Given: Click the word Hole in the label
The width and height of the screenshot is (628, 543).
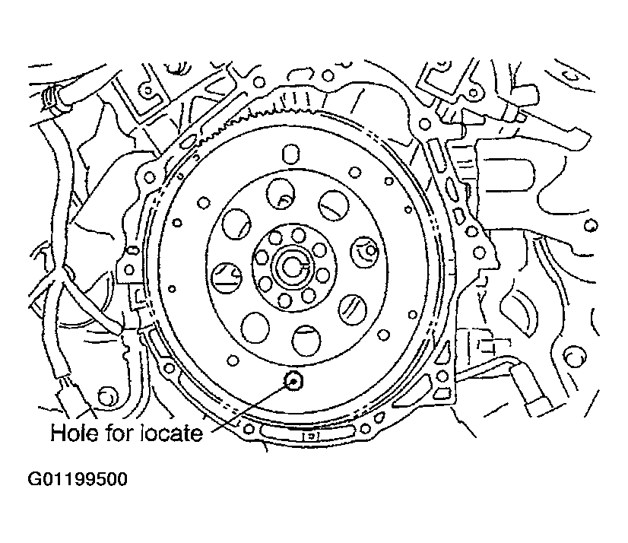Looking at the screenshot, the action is (x=74, y=433).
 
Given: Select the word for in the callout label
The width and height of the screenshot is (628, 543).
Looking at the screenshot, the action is (x=119, y=433).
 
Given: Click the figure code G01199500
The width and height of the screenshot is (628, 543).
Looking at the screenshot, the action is (x=78, y=479).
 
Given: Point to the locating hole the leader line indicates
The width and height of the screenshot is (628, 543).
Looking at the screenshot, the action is (x=293, y=381).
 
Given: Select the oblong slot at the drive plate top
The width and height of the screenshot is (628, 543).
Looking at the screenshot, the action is (x=290, y=154).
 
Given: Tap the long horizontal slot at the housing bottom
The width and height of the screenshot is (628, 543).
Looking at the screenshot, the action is (x=307, y=430).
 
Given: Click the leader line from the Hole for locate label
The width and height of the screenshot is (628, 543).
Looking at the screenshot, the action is (x=251, y=407).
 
